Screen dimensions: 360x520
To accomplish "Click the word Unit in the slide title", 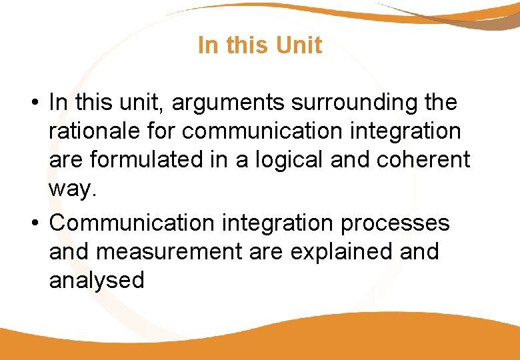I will pyautogui.click(x=298, y=45).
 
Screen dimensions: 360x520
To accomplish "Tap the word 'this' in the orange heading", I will pyautogui.click(x=246, y=45).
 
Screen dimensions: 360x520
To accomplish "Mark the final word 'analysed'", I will pyautogui.click(x=97, y=281).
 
